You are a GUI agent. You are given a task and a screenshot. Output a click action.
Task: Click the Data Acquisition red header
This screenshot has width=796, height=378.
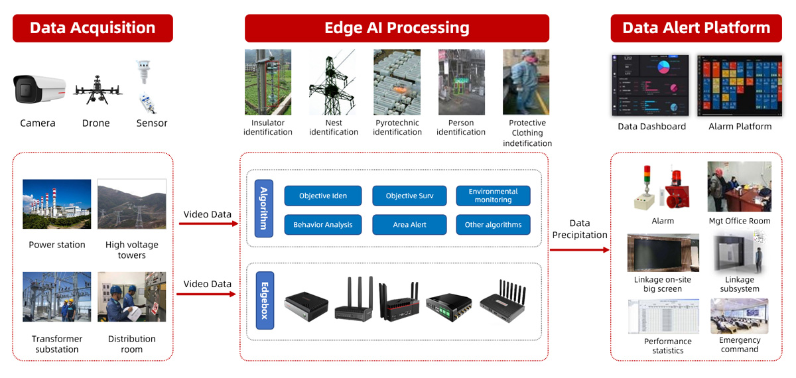tap(93, 28)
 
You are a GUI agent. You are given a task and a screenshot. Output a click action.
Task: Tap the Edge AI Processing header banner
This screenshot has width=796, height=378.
tap(397, 28)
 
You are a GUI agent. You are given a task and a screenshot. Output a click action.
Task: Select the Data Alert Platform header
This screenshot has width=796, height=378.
tap(696, 28)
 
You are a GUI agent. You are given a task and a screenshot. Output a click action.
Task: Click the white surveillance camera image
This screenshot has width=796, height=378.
tap(39, 89)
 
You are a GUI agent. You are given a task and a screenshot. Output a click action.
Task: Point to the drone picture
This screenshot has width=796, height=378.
tap(98, 90)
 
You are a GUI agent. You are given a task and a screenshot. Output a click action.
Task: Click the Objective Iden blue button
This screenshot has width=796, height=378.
tap(323, 196)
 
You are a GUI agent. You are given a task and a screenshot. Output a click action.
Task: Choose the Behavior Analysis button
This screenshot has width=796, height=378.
tap(323, 225)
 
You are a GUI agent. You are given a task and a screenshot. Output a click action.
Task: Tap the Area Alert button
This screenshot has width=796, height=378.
tap(409, 225)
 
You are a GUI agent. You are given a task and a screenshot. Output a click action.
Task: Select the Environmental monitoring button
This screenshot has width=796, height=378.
tap(494, 196)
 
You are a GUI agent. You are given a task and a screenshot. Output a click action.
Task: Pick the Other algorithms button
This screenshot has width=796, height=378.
tap(494, 225)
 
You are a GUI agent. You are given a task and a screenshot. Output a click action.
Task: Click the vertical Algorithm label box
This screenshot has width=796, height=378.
tap(264, 208)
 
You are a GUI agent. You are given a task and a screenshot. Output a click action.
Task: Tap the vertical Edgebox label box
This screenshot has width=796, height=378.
tap(265, 300)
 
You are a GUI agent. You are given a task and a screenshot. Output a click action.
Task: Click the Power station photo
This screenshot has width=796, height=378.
tap(57, 204)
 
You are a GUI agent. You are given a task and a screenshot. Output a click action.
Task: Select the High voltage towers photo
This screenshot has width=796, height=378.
tap(132, 204)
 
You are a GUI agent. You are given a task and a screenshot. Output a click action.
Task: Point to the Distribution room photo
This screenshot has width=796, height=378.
tap(132, 296)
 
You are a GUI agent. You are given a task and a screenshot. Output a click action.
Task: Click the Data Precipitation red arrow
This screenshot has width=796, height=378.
tap(580, 250)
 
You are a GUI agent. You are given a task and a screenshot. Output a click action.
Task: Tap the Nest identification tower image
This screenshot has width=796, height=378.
tap(332, 82)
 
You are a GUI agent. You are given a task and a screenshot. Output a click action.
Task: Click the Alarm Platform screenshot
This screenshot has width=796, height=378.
tap(740, 86)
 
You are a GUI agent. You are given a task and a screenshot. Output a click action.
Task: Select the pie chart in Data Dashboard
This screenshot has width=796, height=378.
tap(663, 67)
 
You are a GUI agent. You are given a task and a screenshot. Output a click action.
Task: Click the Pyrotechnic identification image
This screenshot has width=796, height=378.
tap(397, 82)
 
